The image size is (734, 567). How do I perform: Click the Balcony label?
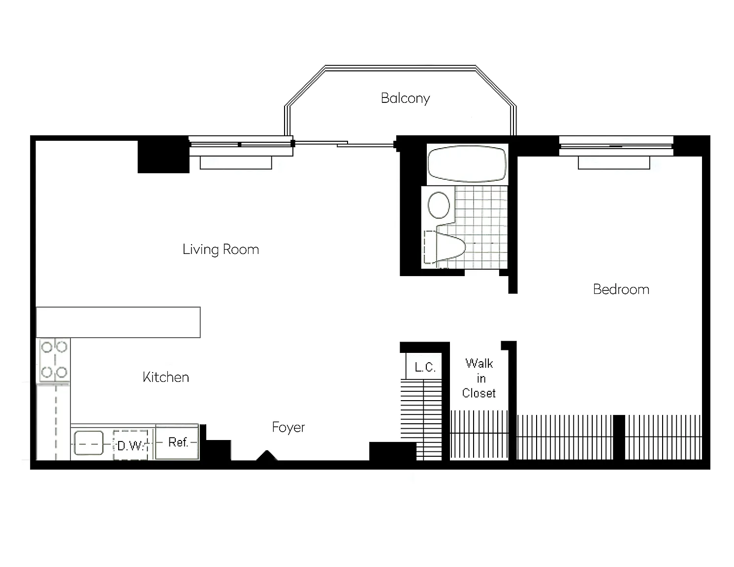pyautogui.click(x=405, y=98)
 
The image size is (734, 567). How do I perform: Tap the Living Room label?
pyautogui.click(x=221, y=250)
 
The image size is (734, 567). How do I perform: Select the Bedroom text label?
pyautogui.click(x=621, y=289)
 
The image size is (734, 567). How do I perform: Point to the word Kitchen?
pyautogui.click(x=165, y=377)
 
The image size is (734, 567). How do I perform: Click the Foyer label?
pyautogui.click(x=288, y=428)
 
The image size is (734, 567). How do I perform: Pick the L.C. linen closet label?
pyautogui.click(x=424, y=367)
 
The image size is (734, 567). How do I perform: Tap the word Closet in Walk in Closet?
pyautogui.click(x=479, y=393)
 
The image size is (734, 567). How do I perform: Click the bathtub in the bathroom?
pyautogui.click(x=467, y=164)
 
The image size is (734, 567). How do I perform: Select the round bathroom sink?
pyautogui.click(x=439, y=205)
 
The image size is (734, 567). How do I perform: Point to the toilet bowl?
pyautogui.click(x=450, y=246)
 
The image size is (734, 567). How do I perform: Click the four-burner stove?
pyautogui.click(x=54, y=360)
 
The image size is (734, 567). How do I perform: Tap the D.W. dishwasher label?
pyautogui.click(x=130, y=446)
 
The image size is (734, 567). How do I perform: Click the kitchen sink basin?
pyautogui.click(x=89, y=443)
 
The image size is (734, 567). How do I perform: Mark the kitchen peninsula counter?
pyautogui.click(x=118, y=322)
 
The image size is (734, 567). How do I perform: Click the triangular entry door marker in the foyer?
pyautogui.click(x=267, y=456)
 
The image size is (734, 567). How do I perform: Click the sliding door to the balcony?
pyautogui.click(x=345, y=144)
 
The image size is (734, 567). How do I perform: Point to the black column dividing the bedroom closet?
pyautogui.click(x=619, y=438)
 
